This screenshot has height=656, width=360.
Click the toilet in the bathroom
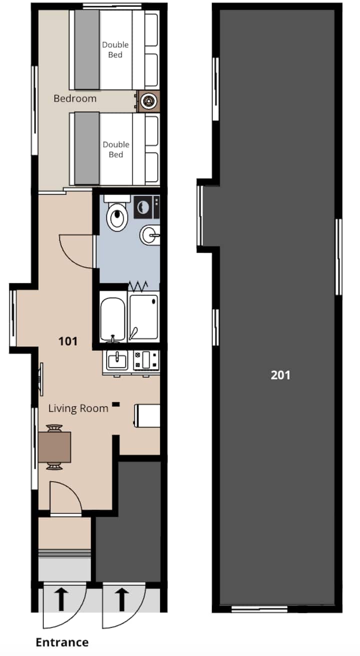[117, 214]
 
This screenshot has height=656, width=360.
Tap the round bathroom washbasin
[150, 235]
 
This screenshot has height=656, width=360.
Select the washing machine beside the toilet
[146, 207]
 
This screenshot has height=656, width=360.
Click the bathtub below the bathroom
[113, 320]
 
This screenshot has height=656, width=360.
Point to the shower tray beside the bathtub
[143, 318]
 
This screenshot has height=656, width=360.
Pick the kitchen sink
[117, 360]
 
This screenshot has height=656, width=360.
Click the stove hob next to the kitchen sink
[146, 360]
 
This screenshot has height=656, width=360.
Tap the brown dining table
[54, 447]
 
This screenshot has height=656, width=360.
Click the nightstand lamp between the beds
[148, 102]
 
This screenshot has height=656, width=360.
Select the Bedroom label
[75, 99]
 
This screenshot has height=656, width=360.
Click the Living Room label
[78, 408]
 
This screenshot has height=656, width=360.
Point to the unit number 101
[68, 341]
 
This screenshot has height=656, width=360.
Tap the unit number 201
[280, 375]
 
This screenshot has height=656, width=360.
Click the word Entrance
[62, 642]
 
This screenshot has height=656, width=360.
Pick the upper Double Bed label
[115, 50]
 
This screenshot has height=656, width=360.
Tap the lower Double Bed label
[116, 149]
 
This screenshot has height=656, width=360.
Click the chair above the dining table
[54, 428]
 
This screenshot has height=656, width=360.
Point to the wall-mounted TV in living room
[41, 379]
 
